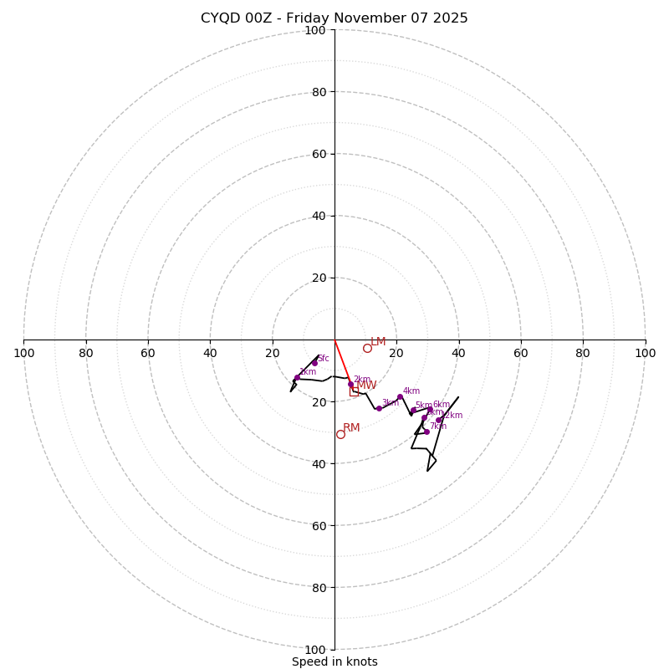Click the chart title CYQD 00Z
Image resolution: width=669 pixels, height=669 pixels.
334,18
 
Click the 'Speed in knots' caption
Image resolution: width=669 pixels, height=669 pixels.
334,661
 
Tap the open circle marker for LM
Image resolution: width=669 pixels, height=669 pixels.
367,348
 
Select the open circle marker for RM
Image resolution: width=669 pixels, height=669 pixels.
340,434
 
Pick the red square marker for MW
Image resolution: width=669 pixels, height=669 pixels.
354,391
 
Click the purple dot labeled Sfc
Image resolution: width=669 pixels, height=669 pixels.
314,363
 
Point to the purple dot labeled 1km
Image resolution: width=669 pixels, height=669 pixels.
297,377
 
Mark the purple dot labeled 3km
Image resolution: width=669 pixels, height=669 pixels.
379,408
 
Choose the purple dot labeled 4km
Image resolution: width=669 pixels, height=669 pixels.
400,396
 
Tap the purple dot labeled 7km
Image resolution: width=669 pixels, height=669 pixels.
426,432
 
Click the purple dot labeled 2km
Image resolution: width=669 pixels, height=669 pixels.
350,384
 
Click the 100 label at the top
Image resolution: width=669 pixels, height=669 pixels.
314,30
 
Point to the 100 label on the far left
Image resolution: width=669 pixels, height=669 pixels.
24,353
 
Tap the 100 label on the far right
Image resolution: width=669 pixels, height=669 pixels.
645,353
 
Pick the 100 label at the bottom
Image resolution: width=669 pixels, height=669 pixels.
314,650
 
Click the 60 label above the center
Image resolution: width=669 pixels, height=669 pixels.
318,154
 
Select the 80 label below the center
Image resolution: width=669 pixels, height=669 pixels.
318,588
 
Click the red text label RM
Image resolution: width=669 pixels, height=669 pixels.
351,428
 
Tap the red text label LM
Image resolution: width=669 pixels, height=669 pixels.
378,341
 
